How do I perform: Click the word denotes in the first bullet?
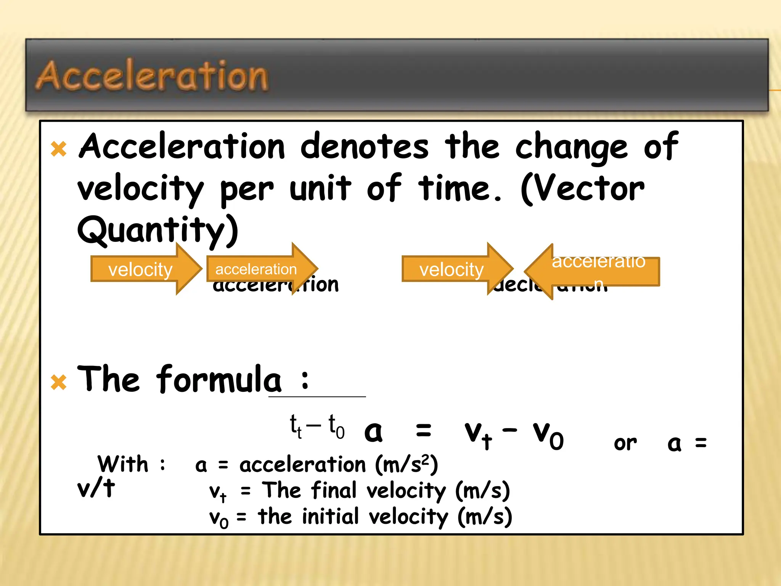(x=365, y=147)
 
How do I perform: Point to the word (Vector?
(x=583, y=189)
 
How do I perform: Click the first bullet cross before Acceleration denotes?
(x=59, y=149)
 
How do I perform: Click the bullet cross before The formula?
(x=59, y=382)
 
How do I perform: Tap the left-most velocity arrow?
(x=145, y=269)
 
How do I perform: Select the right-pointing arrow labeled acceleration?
(x=261, y=269)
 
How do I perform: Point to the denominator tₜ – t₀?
(x=317, y=427)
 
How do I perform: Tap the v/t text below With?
(x=96, y=488)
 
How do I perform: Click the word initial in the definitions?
(x=331, y=517)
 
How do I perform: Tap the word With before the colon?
(x=123, y=464)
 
